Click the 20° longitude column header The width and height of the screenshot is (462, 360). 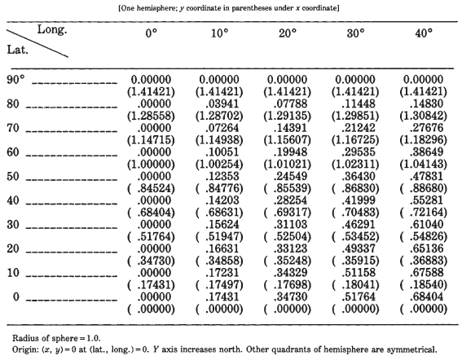(x=288, y=33)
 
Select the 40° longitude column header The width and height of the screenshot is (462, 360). (x=424, y=33)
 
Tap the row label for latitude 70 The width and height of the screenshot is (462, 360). (x=13, y=128)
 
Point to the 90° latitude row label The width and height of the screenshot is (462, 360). (x=16, y=80)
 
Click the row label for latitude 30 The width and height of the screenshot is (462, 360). (x=13, y=225)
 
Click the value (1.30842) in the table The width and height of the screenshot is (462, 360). (x=424, y=116)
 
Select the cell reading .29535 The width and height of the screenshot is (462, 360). (x=359, y=152)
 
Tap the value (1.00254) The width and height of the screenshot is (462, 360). (x=219, y=164)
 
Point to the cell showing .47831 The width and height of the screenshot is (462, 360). (x=426, y=176)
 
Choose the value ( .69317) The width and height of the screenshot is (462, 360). (x=288, y=213)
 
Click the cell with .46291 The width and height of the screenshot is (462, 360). (x=359, y=225)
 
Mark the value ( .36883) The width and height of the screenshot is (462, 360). (x=424, y=261)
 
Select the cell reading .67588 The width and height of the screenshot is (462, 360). (x=426, y=273)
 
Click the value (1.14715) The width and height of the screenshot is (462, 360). (x=151, y=140)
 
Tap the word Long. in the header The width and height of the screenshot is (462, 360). (x=52, y=30)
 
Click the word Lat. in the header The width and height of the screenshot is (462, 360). (x=18, y=50)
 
